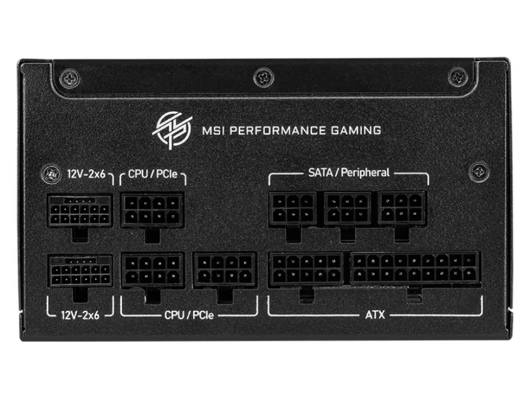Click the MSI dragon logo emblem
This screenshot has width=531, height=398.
coord(172,130)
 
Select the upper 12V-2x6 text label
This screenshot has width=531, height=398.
coord(86,174)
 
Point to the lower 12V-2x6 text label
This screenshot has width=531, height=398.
coord(80,315)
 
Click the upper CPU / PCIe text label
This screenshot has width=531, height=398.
coord(152,174)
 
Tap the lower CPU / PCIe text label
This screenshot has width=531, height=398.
coord(189,315)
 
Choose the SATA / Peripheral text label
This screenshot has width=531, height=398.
coord(349,173)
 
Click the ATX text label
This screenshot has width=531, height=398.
coord(375,315)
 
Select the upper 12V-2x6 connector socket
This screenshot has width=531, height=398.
coord(80,211)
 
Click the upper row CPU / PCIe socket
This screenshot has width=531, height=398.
coord(152,210)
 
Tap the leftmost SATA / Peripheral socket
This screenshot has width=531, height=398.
coord(293,209)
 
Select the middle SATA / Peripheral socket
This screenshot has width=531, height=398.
coord(347,208)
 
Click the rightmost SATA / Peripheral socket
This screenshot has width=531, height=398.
coord(402,208)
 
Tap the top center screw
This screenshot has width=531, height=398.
coord(264,77)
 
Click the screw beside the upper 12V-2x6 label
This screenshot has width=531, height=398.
coord(51,174)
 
